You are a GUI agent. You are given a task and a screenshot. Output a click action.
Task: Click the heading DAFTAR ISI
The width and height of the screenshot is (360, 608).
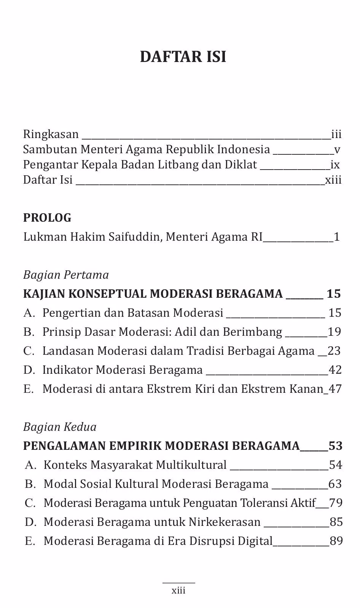(x=183, y=57)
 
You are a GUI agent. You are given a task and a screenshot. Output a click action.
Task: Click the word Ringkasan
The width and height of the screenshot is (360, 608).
(x=51, y=134)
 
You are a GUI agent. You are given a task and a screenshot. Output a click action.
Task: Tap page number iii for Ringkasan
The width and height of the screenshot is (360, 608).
(x=336, y=134)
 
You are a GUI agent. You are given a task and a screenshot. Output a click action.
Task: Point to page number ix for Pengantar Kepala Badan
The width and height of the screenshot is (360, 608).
(x=335, y=165)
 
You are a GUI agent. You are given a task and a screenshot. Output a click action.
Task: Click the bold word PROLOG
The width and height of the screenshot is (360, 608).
(x=47, y=218)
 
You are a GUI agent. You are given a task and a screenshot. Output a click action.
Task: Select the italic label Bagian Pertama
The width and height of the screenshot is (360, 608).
(x=66, y=275)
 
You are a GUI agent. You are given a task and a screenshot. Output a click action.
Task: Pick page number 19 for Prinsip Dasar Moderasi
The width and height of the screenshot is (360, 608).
(x=335, y=332)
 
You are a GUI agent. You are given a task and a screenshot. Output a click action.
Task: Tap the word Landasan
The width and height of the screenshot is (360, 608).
(x=68, y=351)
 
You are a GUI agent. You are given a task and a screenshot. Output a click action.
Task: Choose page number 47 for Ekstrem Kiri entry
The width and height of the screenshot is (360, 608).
(x=335, y=389)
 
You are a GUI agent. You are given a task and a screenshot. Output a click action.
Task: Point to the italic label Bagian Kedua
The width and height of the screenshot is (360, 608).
(x=60, y=427)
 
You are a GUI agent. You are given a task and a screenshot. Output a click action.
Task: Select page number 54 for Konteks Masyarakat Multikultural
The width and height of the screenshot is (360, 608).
(x=335, y=465)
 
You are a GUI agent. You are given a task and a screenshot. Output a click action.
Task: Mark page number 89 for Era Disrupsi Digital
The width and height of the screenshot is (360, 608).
(x=336, y=541)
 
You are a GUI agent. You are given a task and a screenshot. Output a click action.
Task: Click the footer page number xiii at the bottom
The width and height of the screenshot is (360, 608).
(x=178, y=591)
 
